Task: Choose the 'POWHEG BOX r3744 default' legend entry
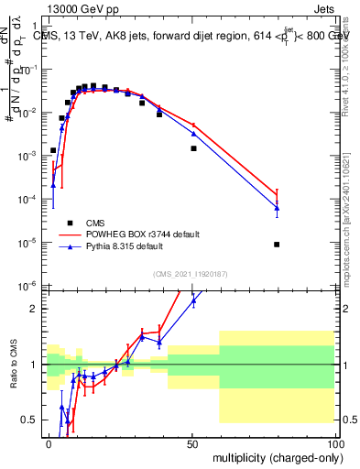point(147,234)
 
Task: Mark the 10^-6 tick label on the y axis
point(29,286)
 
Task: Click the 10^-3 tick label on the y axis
point(29,156)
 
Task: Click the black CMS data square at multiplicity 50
point(193,148)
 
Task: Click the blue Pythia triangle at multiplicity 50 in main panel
point(193,134)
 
